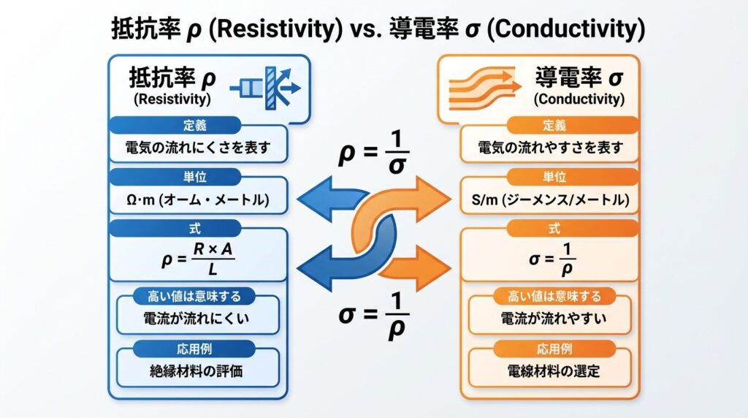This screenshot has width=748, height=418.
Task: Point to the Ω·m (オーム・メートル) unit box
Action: [x=197, y=199]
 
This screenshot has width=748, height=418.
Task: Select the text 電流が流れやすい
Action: [x=553, y=319]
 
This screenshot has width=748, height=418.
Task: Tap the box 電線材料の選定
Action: [x=553, y=370]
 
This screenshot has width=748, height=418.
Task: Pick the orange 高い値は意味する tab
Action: [x=553, y=297]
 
